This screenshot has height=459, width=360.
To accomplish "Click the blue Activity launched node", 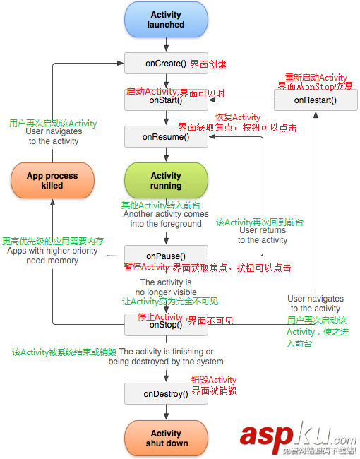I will (x=166, y=20).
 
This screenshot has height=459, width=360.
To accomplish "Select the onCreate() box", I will (x=166, y=64).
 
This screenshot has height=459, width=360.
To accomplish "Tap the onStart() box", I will (x=166, y=100).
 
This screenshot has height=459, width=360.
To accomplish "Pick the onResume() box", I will (x=166, y=137).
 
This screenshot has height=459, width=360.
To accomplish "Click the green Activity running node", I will (x=166, y=181).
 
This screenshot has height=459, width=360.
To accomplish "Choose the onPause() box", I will (x=166, y=256).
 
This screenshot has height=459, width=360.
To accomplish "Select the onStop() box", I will (x=166, y=325).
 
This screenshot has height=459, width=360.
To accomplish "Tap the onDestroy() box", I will (x=166, y=393).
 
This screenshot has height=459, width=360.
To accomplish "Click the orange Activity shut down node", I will (x=166, y=439).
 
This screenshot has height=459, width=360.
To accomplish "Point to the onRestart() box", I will (x=315, y=100).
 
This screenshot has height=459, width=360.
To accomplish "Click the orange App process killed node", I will (x=52, y=181).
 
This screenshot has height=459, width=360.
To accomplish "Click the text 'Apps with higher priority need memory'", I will (x=52, y=256).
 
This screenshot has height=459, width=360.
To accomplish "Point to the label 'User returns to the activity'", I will (x=263, y=235).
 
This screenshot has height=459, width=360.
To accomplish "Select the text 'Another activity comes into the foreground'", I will (x=166, y=219).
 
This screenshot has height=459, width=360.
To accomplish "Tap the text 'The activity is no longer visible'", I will (x=166, y=287).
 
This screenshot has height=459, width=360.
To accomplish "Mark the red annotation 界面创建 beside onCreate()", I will (x=208, y=64).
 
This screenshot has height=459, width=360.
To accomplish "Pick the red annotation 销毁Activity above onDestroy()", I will (x=214, y=380).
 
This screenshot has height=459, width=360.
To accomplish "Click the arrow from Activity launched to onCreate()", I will (x=166, y=45).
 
